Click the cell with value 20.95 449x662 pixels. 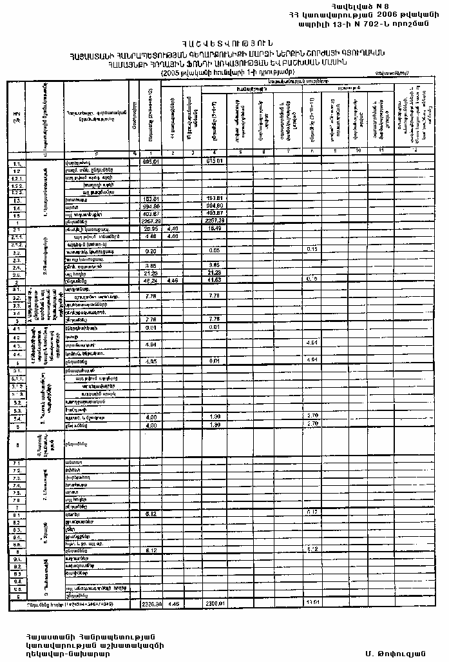(x=151, y=229)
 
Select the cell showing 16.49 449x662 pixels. (x=214, y=229)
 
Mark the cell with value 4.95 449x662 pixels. (x=151, y=361)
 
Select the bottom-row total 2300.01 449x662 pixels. (x=214, y=604)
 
